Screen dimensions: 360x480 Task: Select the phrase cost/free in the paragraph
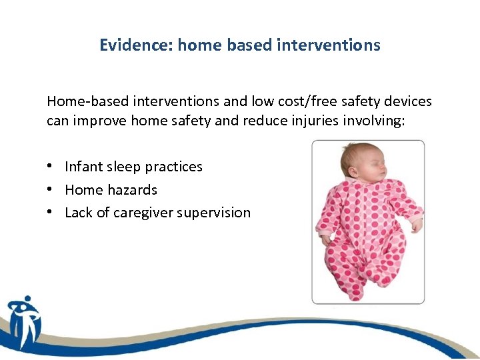point(309,101)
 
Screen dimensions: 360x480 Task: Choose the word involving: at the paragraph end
point(375,122)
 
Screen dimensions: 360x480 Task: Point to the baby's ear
point(353,175)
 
